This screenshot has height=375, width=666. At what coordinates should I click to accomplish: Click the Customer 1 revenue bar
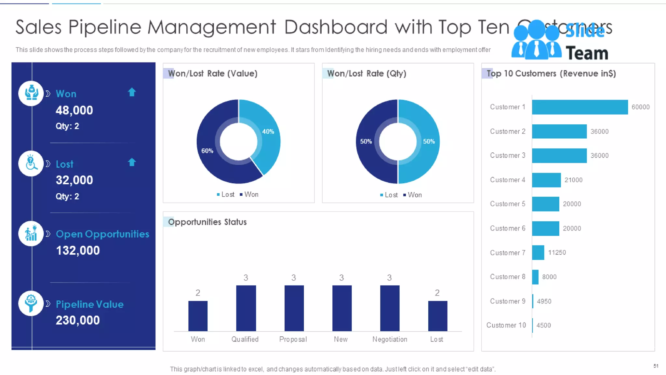tap(579, 107)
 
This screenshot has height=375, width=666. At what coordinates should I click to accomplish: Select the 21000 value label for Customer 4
tap(573, 180)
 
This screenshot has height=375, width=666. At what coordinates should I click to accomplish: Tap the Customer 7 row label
tap(507, 253)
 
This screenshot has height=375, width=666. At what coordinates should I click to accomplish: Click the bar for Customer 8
tap(535, 277)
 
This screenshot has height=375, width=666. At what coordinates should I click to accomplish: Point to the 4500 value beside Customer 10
tap(543, 325)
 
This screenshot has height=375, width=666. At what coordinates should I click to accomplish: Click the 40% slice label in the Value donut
tap(268, 132)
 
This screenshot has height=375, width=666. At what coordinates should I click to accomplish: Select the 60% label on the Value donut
tap(207, 151)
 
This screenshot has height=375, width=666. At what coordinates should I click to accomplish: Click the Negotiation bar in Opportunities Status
tap(390, 308)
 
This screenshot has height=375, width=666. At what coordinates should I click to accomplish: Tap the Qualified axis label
tap(245, 339)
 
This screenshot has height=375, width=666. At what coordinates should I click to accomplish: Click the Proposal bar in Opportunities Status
tap(294, 308)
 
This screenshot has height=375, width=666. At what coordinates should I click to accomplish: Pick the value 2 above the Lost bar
tap(437, 293)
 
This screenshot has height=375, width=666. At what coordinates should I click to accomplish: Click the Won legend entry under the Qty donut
tap(413, 195)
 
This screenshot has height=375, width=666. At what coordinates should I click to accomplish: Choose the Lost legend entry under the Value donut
tap(226, 195)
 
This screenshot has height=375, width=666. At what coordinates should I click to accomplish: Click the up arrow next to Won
tap(132, 92)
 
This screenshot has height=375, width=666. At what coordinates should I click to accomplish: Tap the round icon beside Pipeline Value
tap(31, 303)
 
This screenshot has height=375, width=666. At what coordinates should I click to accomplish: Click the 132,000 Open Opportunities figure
tap(78, 250)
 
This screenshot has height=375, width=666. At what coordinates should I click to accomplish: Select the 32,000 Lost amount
tap(74, 180)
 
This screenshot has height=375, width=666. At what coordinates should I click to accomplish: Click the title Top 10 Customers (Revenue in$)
tap(551, 74)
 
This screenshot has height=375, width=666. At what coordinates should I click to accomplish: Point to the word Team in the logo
tap(587, 53)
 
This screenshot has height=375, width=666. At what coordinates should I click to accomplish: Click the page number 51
tap(656, 366)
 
